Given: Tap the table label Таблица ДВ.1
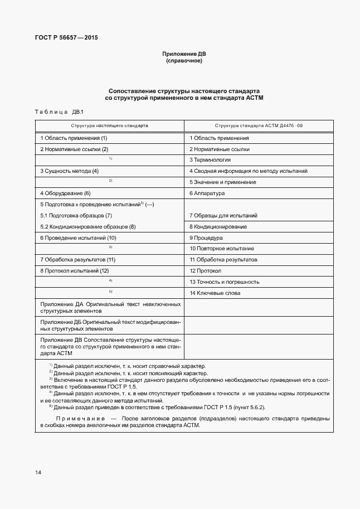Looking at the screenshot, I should click(59, 112).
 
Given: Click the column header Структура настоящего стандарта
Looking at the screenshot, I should click(109, 126).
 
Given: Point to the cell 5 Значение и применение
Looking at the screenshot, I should click(223, 182).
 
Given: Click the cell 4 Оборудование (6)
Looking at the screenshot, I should click(65, 193).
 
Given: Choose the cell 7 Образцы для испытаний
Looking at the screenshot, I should click(223, 215).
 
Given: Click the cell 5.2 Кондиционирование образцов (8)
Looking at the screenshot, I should click(88, 226).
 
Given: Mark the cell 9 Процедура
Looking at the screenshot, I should click(206, 237).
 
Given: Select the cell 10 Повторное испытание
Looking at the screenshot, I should click(222, 249).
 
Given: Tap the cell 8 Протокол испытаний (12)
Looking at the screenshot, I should click(75, 270).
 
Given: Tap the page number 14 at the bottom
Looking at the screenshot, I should click(38, 473).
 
